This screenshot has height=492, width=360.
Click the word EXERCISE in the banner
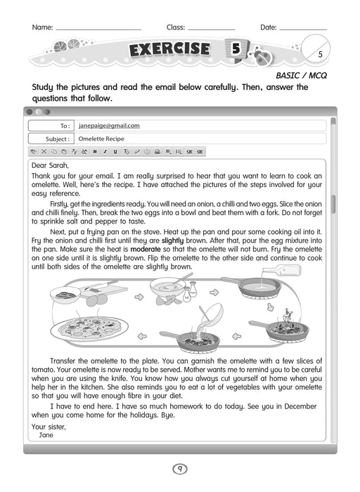tap(169, 49)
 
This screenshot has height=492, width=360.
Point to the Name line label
tap(42, 27)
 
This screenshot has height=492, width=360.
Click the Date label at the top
tap(268, 27)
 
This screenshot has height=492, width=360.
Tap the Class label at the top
tap(176, 27)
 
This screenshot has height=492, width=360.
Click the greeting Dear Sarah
tap(50, 166)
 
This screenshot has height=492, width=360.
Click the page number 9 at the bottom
tap(180, 469)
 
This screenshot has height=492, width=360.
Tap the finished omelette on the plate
tap(90, 328)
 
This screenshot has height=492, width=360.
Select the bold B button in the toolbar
tap(95, 151)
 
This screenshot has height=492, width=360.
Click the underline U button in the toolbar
tap(115, 151)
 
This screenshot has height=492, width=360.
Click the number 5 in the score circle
tap(320, 54)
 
